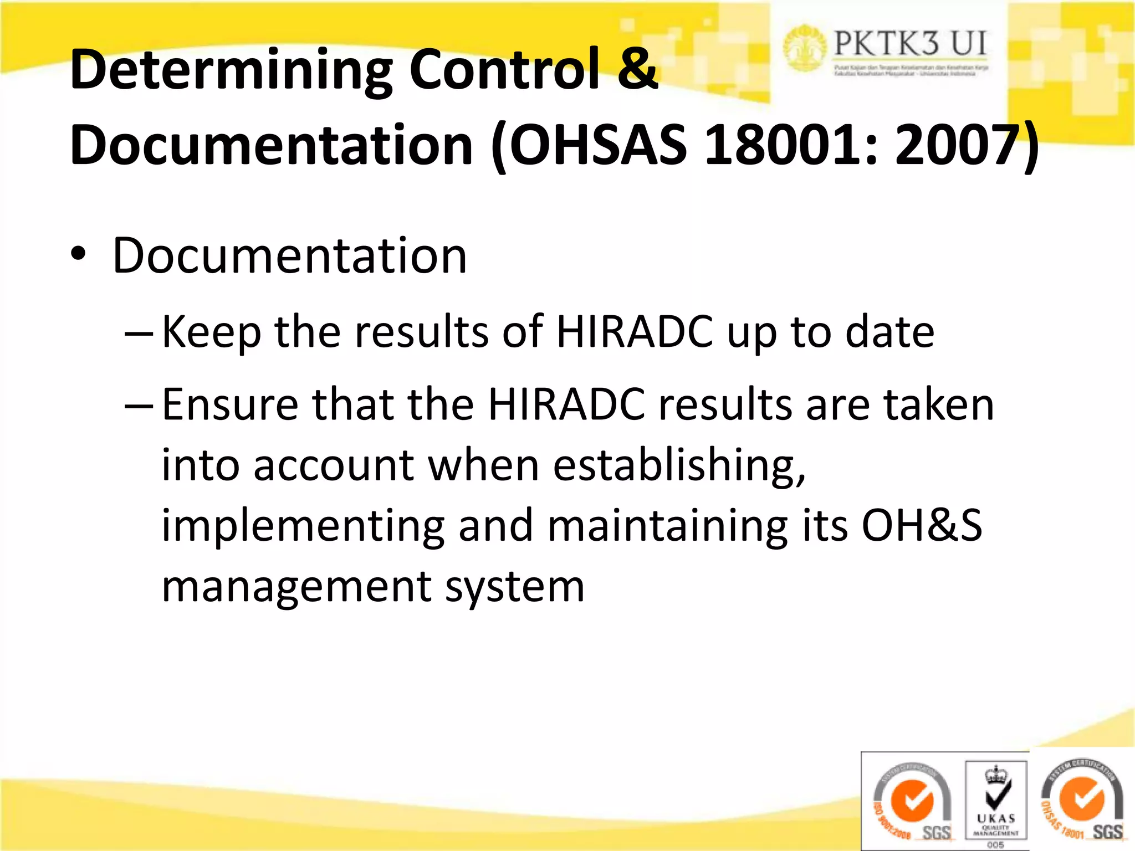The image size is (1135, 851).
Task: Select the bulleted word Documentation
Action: pyautogui.click(x=289, y=256)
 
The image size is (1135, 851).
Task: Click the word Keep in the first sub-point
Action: pyautogui.click(x=211, y=332)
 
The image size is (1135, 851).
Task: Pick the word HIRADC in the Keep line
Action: pyautogui.click(x=635, y=332)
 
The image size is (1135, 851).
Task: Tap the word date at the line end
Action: pyautogui.click(x=890, y=332)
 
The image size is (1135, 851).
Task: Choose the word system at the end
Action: pyautogui.click(x=515, y=587)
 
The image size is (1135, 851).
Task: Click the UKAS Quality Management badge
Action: pyautogui.click(x=996, y=801)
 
